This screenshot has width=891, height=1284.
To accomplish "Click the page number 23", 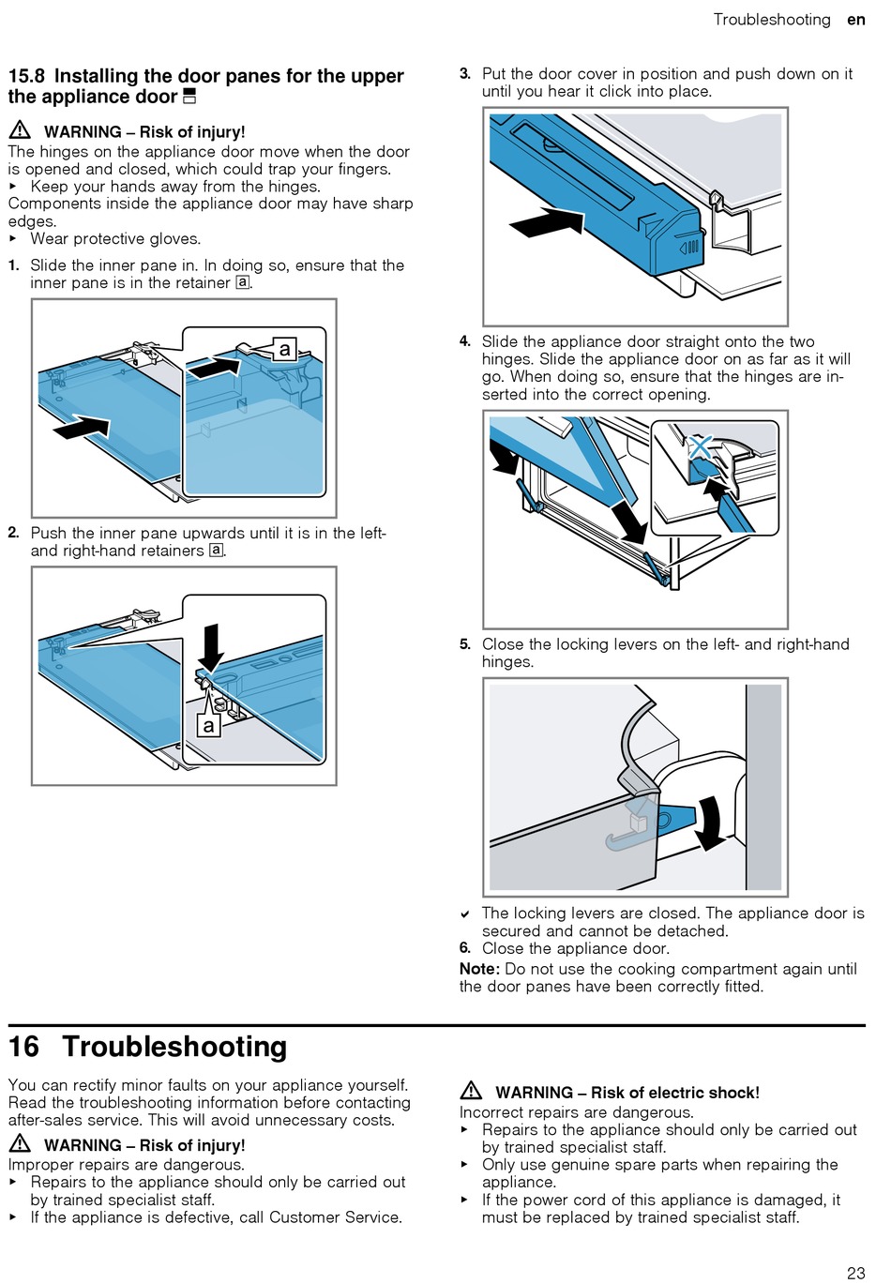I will click(855, 1273).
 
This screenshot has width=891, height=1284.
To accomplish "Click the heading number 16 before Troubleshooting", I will click(24, 1047).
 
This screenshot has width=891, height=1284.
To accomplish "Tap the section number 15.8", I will click(26, 76).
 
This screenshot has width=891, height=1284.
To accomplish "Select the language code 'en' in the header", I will click(855, 20).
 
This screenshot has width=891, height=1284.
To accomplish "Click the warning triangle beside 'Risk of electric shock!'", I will click(471, 1091).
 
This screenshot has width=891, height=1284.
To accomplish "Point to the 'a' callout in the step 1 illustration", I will click(285, 351).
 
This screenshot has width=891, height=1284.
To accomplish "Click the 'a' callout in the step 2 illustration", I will click(208, 725).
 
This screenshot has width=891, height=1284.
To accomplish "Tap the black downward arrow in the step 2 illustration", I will click(212, 646).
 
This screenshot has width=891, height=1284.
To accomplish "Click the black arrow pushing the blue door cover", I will click(547, 223).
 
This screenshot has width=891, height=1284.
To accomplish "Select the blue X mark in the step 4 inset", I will click(701, 447).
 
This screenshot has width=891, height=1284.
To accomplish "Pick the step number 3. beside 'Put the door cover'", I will click(465, 73).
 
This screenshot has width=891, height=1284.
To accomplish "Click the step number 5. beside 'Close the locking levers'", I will click(465, 644).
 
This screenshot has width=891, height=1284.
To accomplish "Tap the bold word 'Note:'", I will click(479, 969).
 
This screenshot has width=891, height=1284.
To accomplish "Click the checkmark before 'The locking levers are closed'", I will click(465, 914).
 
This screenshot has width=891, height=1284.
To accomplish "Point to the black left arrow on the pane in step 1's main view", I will click(82, 428).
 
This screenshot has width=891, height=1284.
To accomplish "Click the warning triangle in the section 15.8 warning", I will click(20, 130).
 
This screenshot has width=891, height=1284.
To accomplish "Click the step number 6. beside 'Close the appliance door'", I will click(465, 948).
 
